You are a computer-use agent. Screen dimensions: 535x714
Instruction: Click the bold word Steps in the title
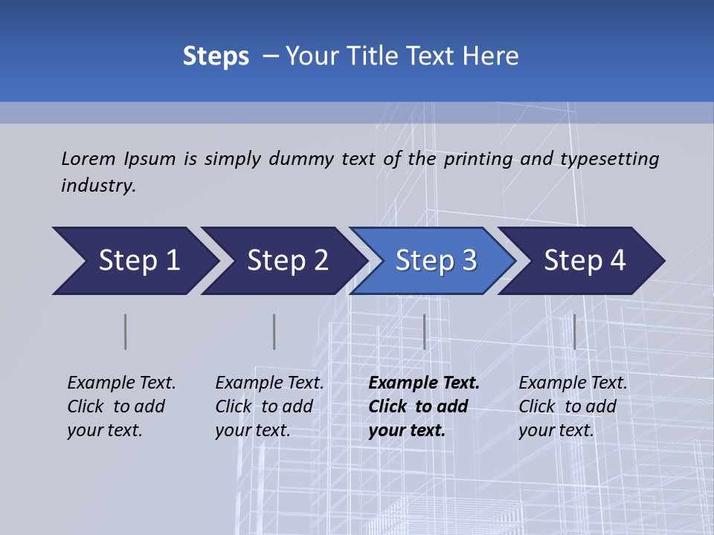(x=216, y=56)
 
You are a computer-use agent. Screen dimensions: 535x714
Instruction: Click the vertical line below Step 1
(x=126, y=331)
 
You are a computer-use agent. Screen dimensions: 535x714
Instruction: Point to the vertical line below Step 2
(x=274, y=331)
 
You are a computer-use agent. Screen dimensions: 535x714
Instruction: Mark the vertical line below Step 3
(x=425, y=331)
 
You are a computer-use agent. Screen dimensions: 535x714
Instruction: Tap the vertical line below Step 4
(x=575, y=331)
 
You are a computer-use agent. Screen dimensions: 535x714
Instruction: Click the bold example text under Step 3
(x=424, y=406)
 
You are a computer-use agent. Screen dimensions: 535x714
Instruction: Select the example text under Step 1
(x=121, y=406)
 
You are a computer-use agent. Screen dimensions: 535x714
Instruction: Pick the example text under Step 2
(x=269, y=406)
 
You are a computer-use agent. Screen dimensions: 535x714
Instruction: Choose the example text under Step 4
(x=573, y=406)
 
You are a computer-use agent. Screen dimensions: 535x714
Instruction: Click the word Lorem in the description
(x=88, y=159)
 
